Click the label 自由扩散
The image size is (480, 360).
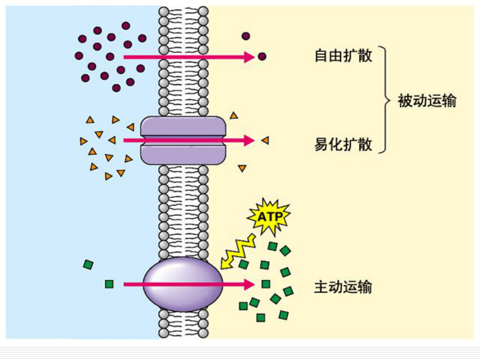tap(343, 56)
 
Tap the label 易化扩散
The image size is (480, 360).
tap(343, 144)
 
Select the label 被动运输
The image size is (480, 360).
tap(427, 100)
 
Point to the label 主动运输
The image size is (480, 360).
tap(343, 287)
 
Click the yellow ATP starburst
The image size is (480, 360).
tap(269, 217)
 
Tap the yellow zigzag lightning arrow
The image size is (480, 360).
tap(238, 252)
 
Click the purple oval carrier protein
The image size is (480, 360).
tap(183, 285)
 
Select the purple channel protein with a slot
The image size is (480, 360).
tap(183, 141)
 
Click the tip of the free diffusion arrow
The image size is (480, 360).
tap(255, 57)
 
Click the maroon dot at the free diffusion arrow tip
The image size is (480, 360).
tap(262, 56)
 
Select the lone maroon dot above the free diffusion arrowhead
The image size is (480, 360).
tap(246, 36)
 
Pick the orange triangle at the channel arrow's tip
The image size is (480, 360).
tap(266, 141)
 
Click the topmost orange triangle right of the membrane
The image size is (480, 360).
tap(234, 116)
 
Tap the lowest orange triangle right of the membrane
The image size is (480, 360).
tap(242, 168)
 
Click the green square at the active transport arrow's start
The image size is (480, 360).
tap(109, 284)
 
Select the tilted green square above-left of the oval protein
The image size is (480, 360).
tap(88, 265)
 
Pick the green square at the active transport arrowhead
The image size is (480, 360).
tap(266, 284)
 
